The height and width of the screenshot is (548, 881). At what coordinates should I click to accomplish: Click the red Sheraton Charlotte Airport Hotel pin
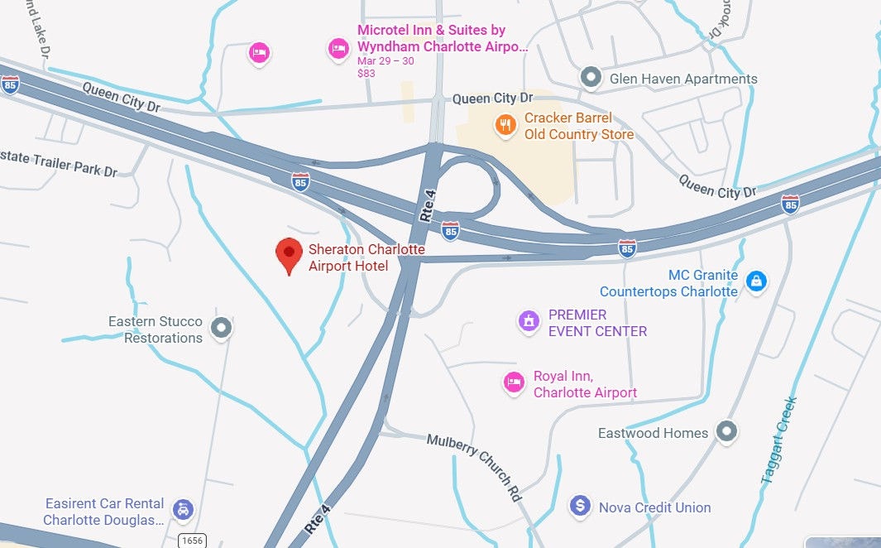[x=289, y=253]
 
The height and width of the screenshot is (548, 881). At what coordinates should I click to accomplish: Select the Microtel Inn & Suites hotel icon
[x=338, y=49]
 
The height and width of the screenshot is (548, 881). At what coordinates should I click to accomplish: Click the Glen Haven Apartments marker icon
[x=591, y=79]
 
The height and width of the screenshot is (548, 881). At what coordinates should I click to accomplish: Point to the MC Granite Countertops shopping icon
[x=755, y=281]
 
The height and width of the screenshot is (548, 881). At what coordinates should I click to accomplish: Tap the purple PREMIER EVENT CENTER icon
[x=529, y=321]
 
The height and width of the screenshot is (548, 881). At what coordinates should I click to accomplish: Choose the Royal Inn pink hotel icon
[x=515, y=382]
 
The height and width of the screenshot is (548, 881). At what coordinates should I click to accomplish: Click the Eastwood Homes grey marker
[x=726, y=431]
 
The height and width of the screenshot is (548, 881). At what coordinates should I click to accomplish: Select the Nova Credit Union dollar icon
[x=581, y=505]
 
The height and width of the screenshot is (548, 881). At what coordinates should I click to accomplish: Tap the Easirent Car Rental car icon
[x=183, y=510]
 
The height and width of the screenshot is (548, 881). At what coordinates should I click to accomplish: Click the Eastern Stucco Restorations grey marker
[x=220, y=328]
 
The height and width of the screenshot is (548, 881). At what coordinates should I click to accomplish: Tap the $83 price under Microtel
[x=366, y=73]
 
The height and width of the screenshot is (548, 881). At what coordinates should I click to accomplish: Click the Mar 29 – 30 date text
[x=385, y=61]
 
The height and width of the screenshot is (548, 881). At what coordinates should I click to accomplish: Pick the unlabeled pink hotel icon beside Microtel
[x=260, y=54]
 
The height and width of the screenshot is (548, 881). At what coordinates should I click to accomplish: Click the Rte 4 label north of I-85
[x=427, y=204]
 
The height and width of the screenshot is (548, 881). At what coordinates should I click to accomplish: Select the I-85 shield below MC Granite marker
[x=627, y=247]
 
